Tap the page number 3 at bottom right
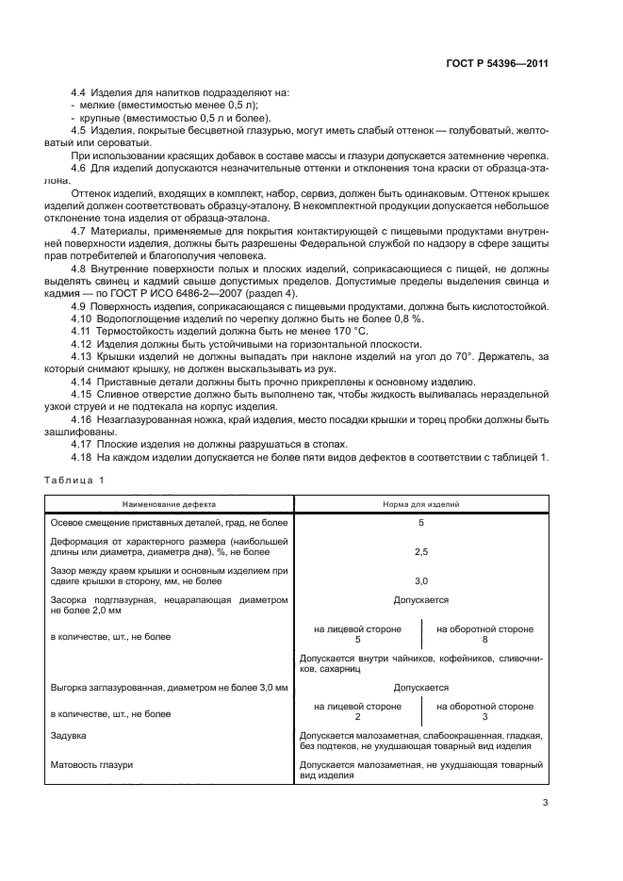545,803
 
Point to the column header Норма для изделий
421,504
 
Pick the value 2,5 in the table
421,551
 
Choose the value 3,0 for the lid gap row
421,581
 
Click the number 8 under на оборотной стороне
484,639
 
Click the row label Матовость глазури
90,764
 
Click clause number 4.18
83,457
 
